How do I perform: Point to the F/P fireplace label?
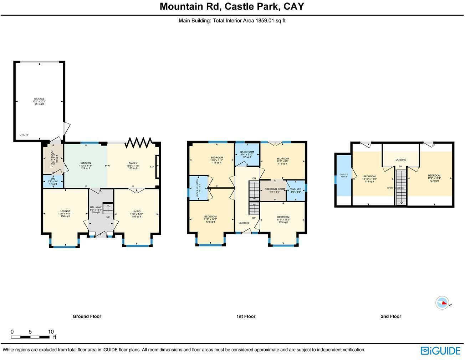pyautogui.click(x=152, y=167)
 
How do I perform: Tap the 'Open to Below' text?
pyautogui.click(x=396, y=188)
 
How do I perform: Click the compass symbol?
pyautogui.click(x=442, y=303)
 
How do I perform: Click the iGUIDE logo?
pyautogui.click(x=440, y=351)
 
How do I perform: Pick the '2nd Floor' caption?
pyautogui.click(x=391, y=316)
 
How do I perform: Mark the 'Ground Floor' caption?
pyautogui.click(x=87, y=316)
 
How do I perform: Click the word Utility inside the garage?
pyautogui.click(x=24, y=135)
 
